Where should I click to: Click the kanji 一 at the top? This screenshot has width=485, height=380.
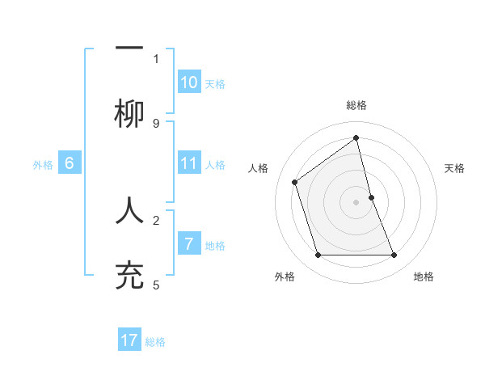pos(129,49)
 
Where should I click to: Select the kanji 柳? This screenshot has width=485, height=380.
pos(129,114)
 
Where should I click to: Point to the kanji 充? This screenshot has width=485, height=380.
pos(129,275)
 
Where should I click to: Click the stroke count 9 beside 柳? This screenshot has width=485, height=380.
pos(156,123)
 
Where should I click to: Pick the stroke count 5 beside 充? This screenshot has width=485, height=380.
pos(156,285)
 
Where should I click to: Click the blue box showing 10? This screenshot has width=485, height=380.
pos(189,82)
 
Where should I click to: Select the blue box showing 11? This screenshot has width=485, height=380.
pos(189,163)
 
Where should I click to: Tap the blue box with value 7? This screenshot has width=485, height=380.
pos(189,243)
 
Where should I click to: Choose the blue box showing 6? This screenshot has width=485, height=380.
pos(70,163)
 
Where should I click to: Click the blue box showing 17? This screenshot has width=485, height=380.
pos(129,340)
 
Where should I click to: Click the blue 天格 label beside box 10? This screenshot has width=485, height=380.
pos(215,84)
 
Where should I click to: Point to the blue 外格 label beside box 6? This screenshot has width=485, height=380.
pos(43,165)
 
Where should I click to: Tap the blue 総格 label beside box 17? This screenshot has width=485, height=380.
pos(155,342)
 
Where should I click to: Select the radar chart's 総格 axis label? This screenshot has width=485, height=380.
pos(356,105)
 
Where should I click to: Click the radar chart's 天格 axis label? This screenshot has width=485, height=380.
pos(455,168)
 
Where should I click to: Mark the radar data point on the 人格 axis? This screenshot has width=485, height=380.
pos(295,182)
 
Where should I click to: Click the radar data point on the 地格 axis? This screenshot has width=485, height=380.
pos(394,255)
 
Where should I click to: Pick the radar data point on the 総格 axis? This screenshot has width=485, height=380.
pos(356,137)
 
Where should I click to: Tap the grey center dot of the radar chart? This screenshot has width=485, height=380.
pos(356,202)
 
